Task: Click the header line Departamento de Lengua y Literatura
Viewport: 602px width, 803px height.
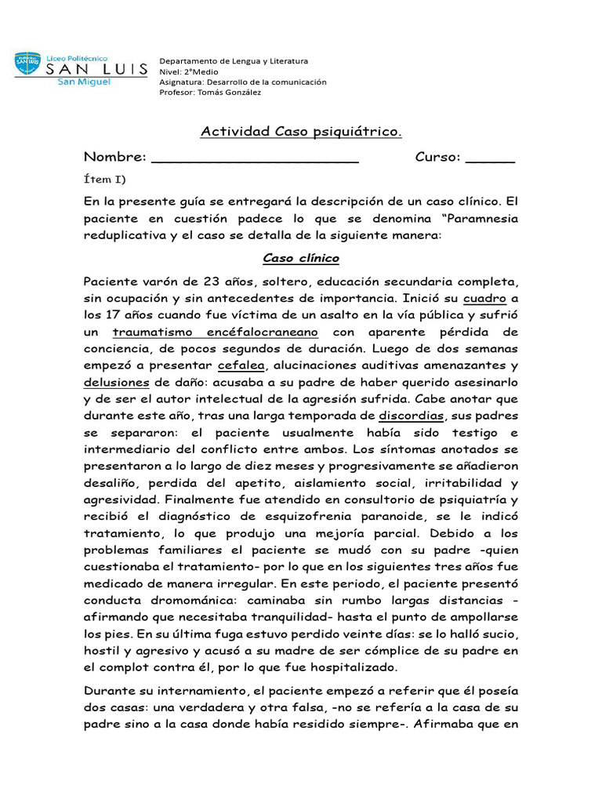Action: (x=234, y=61)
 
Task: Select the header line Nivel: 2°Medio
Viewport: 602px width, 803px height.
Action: (x=190, y=71)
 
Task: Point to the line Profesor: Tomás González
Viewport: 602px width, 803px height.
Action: (x=210, y=92)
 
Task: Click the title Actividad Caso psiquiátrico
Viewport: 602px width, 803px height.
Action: (x=301, y=131)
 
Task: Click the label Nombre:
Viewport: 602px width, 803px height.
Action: (x=114, y=157)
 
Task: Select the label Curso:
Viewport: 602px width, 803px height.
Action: (x=437, y=157)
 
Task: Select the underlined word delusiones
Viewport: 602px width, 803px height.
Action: (x=116, y=382)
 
